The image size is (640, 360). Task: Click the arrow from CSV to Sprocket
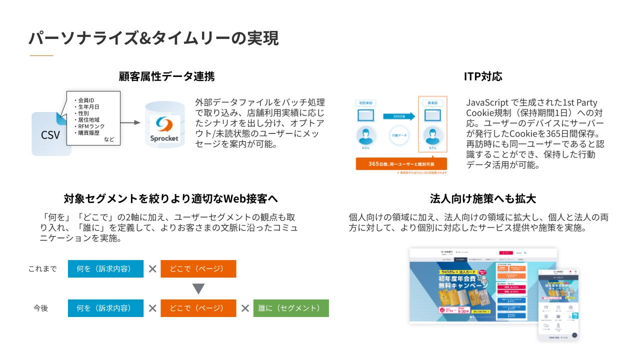pos(130,122)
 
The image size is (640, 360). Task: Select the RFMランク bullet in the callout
pos(91,126)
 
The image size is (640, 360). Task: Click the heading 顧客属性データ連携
pos(166,76)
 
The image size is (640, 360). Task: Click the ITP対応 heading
pos(482,76)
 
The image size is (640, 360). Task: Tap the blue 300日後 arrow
pos(398,116)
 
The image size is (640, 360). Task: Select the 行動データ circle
pos(398,135)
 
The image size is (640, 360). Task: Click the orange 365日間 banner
pos(401,164)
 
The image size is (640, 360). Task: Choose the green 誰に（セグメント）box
pos(291,308)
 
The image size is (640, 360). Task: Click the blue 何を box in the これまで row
pos(105,268)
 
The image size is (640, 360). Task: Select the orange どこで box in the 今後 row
pos(198,308)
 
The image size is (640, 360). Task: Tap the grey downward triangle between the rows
pos(198,288)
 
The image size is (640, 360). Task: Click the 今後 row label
pos(41,308)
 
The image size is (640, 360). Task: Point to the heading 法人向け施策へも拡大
pos(482,198)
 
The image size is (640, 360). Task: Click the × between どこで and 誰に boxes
pos(245,308)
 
